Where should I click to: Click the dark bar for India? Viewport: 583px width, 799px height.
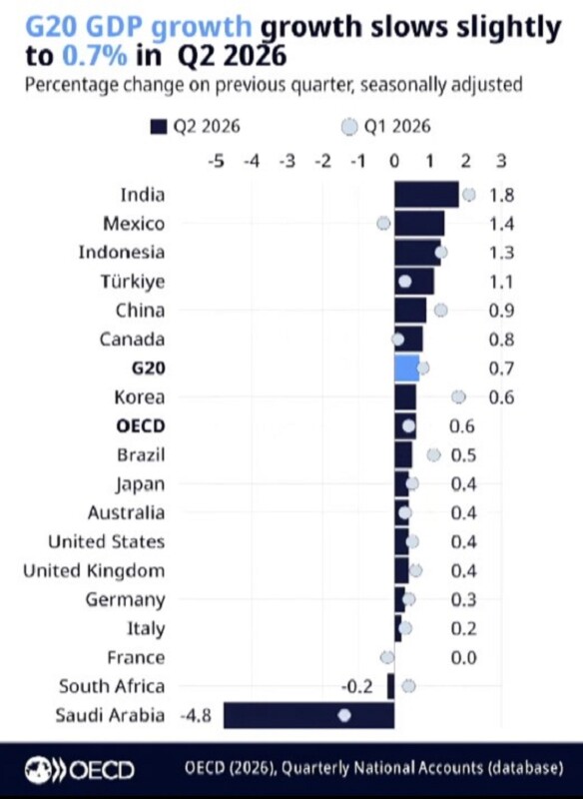(x=426, y=195)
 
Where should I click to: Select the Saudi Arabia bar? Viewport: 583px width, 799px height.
(x=309, y=715)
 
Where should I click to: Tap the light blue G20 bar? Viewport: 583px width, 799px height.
(x=407, y=369)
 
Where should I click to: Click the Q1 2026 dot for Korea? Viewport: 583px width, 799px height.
(x=458, y=397)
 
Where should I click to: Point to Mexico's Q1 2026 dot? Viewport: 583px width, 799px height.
(x=383, y=223)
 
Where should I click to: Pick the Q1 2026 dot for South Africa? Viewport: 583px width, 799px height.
(x=408, y=686)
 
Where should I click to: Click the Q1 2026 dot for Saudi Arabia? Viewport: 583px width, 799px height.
(x=344, y=715)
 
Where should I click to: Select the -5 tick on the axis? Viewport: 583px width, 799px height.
(x=216, y=161)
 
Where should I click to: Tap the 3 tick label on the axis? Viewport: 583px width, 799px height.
(x=501, y=161)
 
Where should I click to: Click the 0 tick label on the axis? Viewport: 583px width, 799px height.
(x=394, y=161)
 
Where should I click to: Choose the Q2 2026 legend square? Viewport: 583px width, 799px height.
(x=159, y=127)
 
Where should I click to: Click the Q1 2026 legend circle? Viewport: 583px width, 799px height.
(x=349, y=127)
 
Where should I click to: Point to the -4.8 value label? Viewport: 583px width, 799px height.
(x=196, y=715)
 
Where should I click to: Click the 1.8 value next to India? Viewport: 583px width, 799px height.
(x=501, y=195)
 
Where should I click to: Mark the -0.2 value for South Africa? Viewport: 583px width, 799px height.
(x=357, y=686)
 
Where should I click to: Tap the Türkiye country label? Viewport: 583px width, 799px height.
(x=133, y=282)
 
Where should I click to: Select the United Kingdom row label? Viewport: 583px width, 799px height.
(x=94, y=570)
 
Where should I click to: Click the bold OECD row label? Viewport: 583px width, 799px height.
(x=141, y=426)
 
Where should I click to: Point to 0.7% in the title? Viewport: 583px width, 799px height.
(x=95, y=56)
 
